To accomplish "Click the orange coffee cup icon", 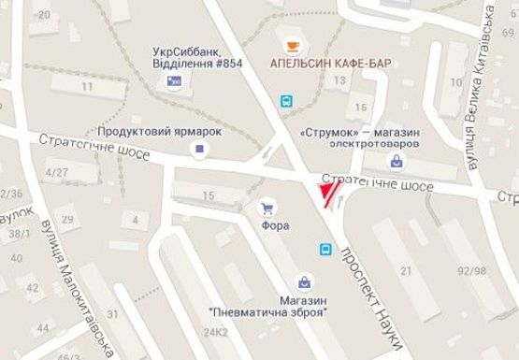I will tap(292, 45).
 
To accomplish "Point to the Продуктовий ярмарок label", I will tap(164, 131).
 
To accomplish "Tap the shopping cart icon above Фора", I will tap(268, 208).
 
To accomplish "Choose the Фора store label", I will tap(276, 225).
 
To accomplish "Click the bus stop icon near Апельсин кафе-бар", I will tap(286, 99).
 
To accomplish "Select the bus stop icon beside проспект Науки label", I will tap(325, 249).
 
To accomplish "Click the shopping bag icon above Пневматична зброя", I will tap(305, 280).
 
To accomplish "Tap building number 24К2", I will tap(217, 332).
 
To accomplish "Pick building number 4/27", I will tap(59, 172).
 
